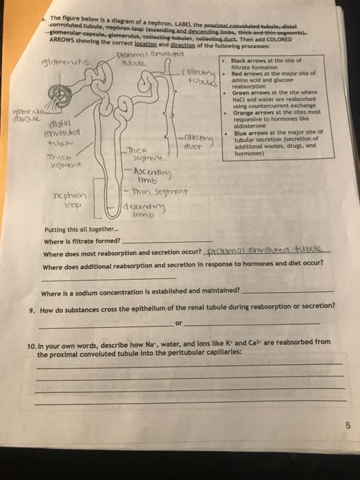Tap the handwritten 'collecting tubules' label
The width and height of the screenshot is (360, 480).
click(201, 77)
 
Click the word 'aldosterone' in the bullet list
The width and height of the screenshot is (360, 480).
click(247, 123)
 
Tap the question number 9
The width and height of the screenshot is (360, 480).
click(33, 309)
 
